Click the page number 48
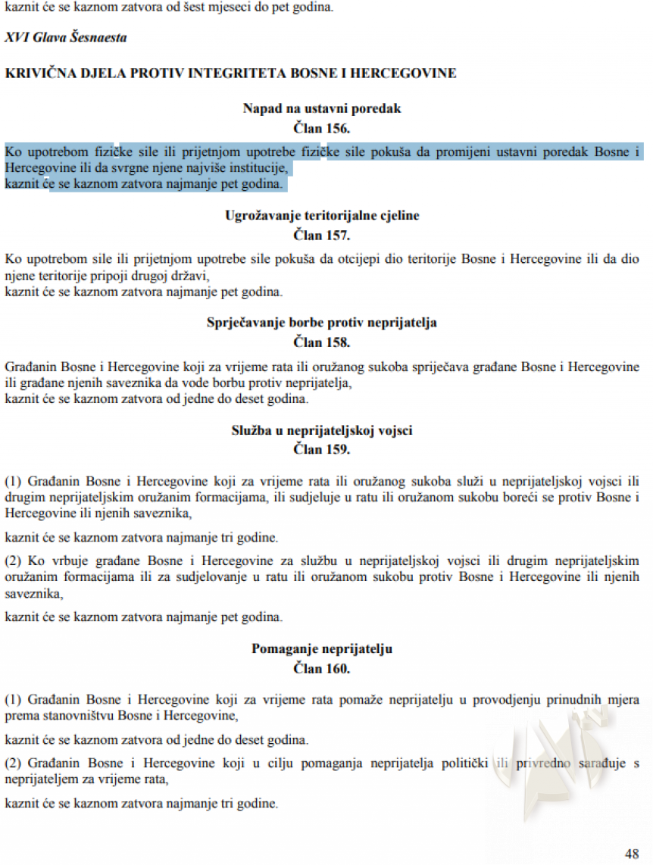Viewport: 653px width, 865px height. click(x=632, y=854)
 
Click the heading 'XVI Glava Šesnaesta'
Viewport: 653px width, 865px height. click(x=66, y=37)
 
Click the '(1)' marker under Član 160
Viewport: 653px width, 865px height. click(x=14, y=700)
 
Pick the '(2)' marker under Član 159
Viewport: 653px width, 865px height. click(x=14, y=561)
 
